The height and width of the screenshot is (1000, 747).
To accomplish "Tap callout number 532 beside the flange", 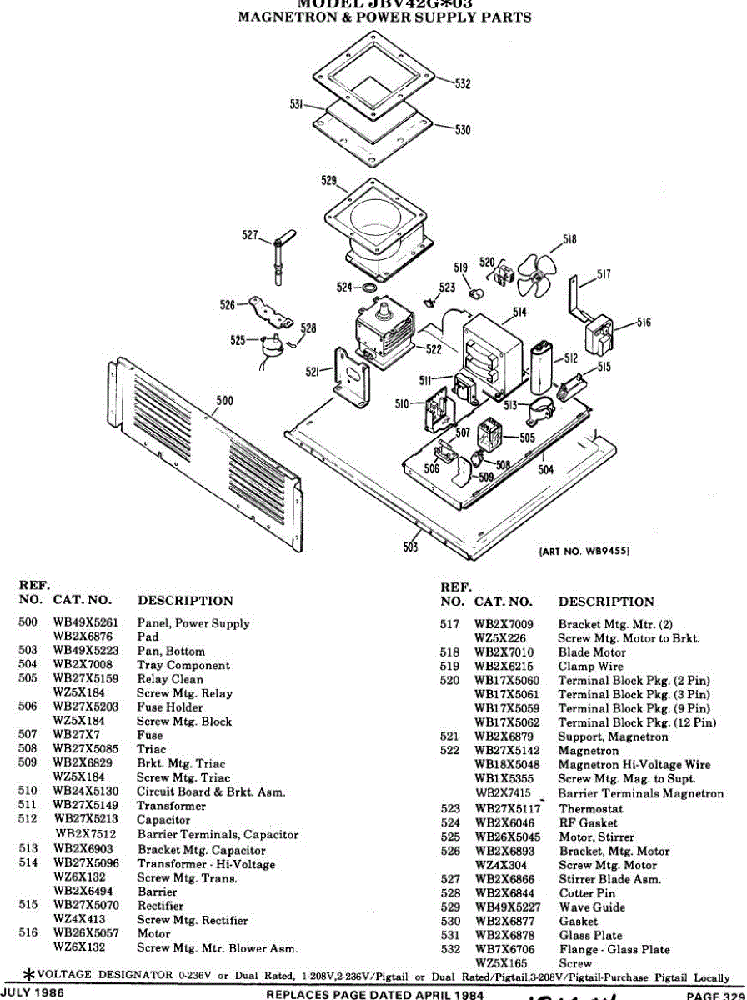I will pos(463,83).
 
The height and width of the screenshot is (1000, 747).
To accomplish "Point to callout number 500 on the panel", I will pos(224,401).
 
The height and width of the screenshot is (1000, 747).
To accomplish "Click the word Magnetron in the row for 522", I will pos(589,751).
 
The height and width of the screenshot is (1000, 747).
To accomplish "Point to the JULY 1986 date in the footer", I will pos(32,993).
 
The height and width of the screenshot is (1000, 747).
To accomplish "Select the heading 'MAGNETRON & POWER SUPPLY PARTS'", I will pos(384,17).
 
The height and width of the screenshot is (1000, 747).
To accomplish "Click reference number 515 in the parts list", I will pos(29,906).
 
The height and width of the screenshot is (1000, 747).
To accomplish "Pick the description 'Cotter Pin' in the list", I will pos(587,893).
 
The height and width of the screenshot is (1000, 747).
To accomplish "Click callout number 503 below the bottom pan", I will pos(410,547).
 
